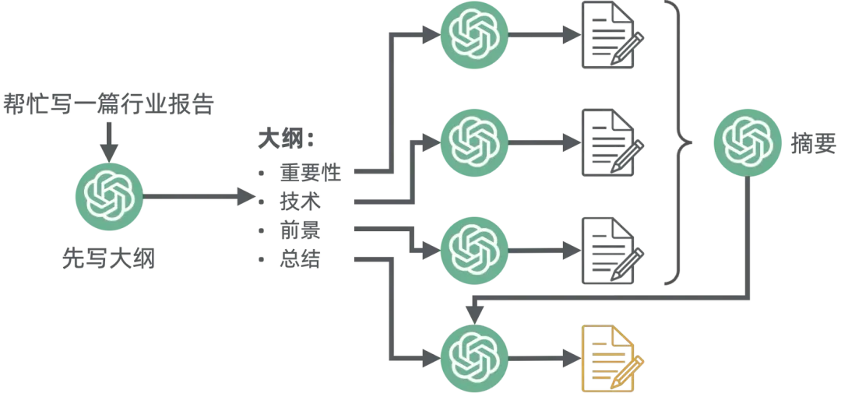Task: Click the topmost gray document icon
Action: coord(614,37)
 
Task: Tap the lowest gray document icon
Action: coord(614,250)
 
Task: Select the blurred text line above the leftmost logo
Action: coord(106,104)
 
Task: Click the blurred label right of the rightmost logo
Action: coord(805,141)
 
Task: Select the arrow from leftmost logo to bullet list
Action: coord(199,198)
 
